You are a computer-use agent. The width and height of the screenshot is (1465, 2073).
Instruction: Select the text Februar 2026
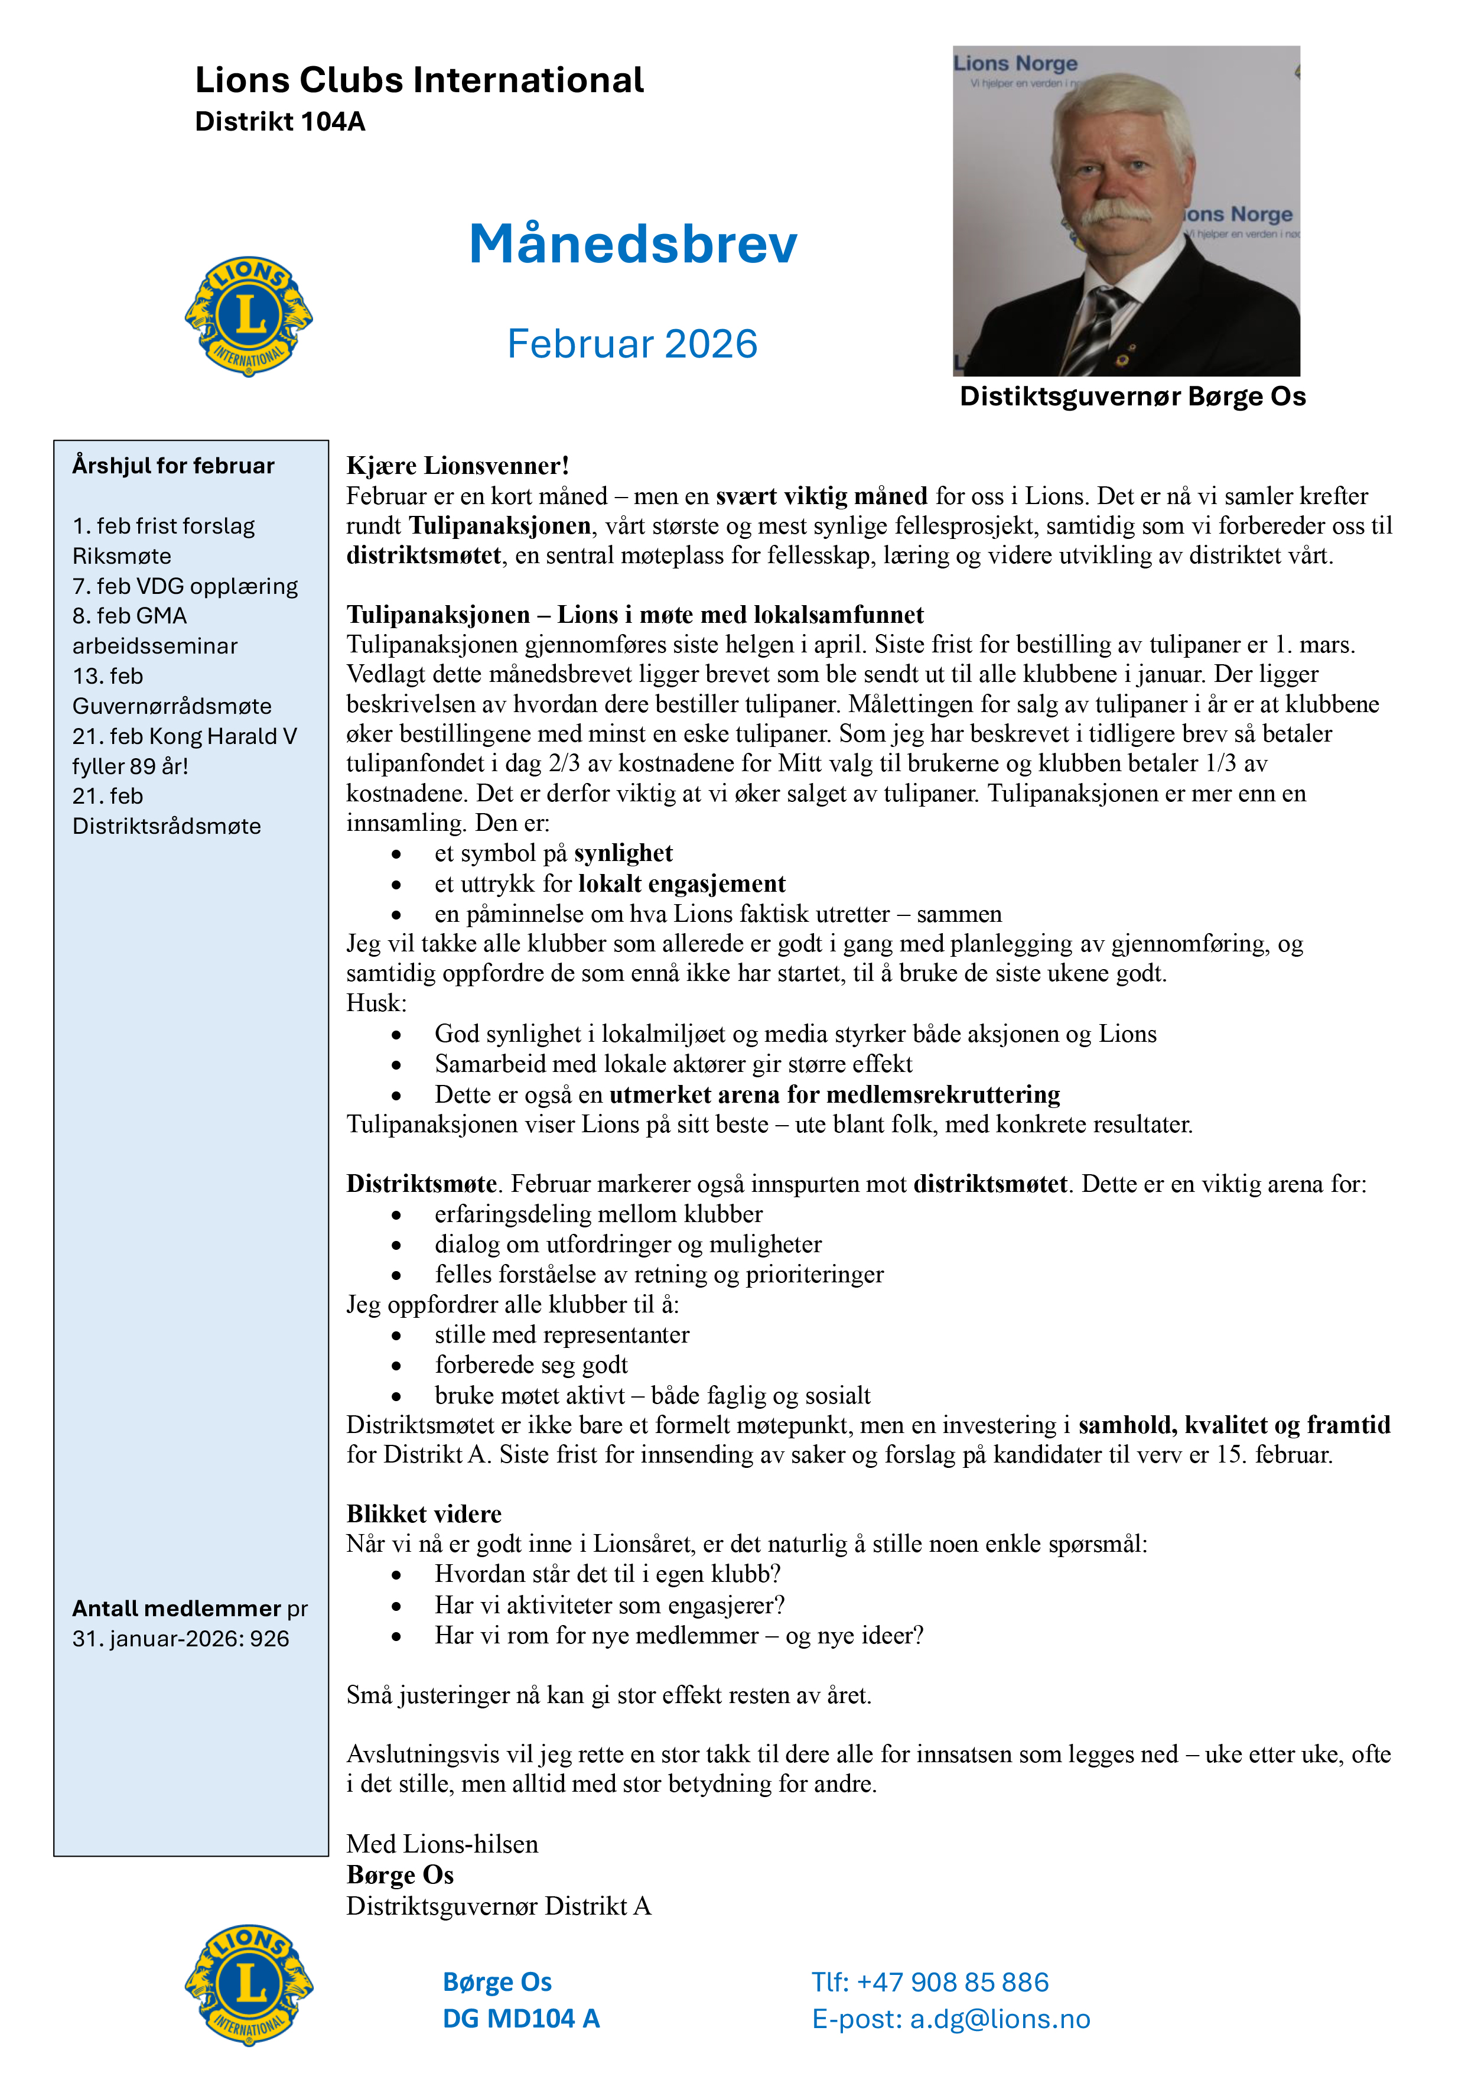[632, 344]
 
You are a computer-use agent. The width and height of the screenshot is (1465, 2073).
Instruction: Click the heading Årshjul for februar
[173, 466]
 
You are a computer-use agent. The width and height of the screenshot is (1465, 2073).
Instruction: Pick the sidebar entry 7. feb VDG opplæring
[185, 586]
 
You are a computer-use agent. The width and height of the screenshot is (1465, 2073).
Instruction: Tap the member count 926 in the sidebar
[270, 1639]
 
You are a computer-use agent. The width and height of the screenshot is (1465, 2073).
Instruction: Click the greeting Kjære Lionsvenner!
[458, 466]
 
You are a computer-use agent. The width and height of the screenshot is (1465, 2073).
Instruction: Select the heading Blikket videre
[424, 1514]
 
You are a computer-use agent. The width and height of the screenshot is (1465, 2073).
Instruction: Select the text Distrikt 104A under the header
[280, 122]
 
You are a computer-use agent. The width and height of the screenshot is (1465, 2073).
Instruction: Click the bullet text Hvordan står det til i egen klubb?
[607, 1575]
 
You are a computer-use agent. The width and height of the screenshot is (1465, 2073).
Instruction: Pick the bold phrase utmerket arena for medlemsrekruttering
[834, 1094]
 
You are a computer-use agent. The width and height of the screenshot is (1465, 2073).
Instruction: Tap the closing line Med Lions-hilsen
[442, 1844]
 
